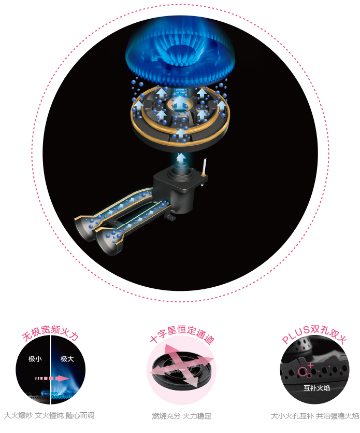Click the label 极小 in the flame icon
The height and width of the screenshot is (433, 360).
click(35, 359)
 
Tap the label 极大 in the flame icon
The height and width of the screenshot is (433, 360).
click(67, 359)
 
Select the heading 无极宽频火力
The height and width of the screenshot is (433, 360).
click(50, 332)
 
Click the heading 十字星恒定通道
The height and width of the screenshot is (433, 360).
click(182, 333)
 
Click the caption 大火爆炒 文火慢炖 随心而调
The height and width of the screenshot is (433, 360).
click(49, 415)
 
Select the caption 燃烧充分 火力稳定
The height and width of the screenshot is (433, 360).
click(181, 415)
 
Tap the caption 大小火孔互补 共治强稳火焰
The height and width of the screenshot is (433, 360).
click(315, 415)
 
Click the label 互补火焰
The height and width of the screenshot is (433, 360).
click(316, 388)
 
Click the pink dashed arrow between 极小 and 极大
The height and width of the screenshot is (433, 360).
click(52, 379)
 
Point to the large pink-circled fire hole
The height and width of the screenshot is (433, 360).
click(303, 371)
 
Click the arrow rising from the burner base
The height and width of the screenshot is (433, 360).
click(181, 158)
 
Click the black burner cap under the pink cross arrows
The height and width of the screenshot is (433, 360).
click(182, 370)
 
